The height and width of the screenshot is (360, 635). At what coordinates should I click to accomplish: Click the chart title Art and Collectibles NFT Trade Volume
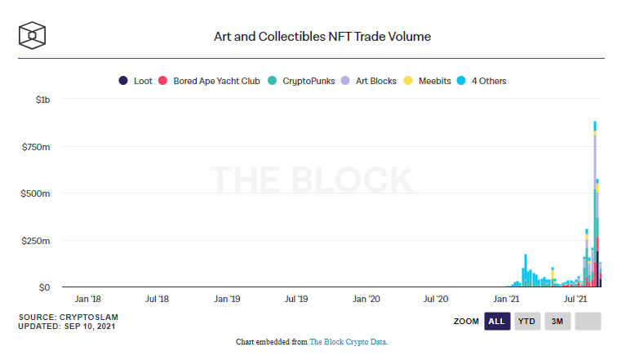[322, 37]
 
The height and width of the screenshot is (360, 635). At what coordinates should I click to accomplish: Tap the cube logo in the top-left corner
[32, 36]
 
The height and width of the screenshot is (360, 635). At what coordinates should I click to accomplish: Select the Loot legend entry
[135, 81]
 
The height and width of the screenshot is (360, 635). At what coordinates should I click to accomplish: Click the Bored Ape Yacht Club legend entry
[209, 81]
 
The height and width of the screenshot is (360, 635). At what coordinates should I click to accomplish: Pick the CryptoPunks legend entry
[301, 81]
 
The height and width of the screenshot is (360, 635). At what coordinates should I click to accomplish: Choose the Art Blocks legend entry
[369, 81]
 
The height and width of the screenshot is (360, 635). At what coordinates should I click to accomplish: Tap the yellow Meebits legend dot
[408, 81]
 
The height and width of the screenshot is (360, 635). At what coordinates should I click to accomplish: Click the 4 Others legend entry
[482, 81]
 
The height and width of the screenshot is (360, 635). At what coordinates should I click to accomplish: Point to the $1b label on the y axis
[42, 100]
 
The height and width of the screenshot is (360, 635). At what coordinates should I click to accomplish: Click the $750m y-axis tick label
[36, 147]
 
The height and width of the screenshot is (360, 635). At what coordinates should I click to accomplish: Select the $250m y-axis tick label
[36, 241]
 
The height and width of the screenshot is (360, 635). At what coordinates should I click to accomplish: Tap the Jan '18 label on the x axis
[88, 299]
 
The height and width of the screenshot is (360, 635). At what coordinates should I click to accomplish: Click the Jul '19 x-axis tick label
[296, 299]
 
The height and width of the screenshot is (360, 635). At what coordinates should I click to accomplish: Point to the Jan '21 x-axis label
[506, 299]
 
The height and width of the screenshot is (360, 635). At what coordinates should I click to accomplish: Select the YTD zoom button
[527, 321]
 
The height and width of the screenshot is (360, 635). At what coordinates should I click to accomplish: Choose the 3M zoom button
[557, 321]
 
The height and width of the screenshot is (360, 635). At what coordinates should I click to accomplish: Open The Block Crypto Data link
[348, 342]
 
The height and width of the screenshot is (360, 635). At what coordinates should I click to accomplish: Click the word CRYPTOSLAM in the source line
[89, 317]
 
